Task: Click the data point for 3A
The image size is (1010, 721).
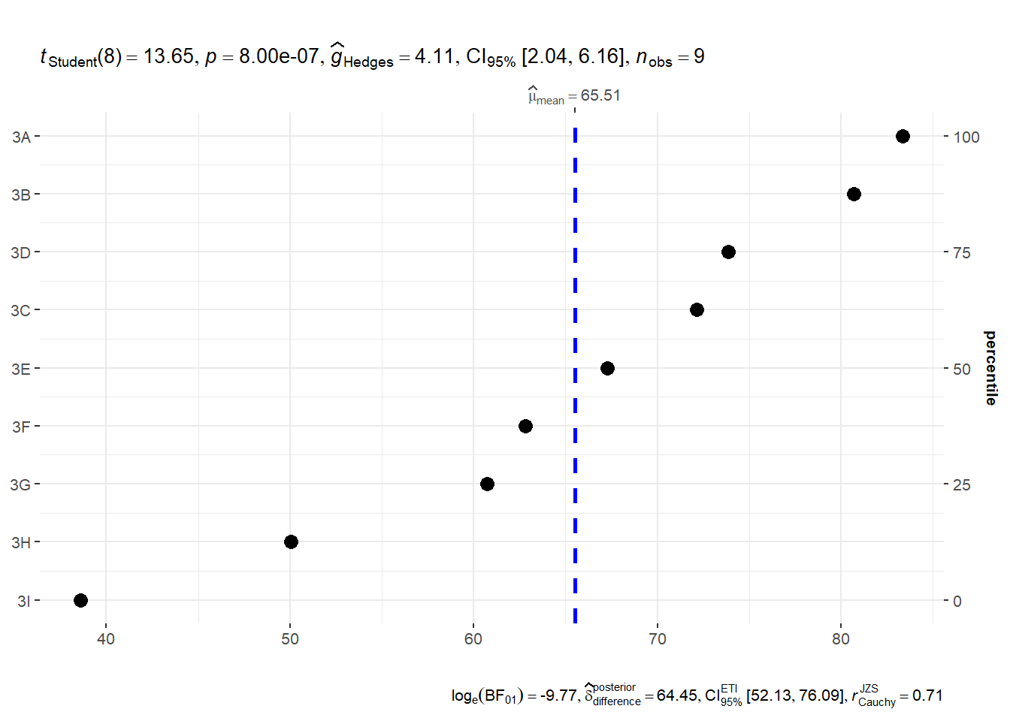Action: (903, 136)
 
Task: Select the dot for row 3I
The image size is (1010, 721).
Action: (80, 600)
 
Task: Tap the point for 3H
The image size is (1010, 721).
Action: (291, 542)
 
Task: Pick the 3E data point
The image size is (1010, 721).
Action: (607, 368)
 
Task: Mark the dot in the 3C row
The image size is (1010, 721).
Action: (697, 309)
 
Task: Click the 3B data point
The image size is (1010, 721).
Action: (854, 194)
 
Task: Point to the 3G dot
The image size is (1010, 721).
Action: (487, 484)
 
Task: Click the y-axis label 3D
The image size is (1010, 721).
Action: (20, 252)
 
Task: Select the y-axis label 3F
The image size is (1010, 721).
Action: (21, 427)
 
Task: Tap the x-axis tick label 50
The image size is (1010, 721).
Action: (290, 639)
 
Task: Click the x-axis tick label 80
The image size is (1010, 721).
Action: (841, 639)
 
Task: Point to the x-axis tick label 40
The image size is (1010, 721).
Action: (106, 639)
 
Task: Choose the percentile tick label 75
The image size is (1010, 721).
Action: (962, 253)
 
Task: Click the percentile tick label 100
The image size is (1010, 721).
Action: (966, 137)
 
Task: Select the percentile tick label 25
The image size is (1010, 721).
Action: (962, 485)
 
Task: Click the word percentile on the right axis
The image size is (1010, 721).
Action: (990, 368)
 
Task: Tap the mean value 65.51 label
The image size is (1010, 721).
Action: (600, 95)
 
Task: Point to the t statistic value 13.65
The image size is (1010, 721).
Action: (169, 56)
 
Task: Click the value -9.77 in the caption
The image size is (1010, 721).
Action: (558, 695)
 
